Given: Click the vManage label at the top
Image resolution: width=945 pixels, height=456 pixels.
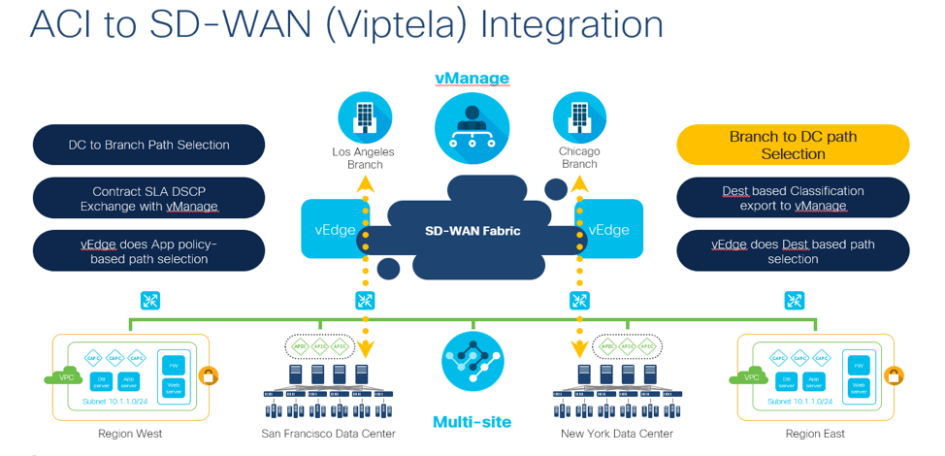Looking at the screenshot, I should (x=472, y=78).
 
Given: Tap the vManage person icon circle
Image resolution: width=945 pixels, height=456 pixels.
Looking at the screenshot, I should (x=472, y=125).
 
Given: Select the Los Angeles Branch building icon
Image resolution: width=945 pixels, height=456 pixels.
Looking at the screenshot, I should (x=365, y=117).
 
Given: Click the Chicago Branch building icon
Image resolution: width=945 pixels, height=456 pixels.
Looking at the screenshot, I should (x=579, y=117).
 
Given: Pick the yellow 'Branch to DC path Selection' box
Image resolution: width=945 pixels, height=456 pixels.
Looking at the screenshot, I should (x=793, y=146).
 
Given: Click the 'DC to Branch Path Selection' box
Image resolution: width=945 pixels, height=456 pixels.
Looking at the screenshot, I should (x=148, y=145).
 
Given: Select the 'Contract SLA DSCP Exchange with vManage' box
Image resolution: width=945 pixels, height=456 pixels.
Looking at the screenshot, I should (x=148, y=199).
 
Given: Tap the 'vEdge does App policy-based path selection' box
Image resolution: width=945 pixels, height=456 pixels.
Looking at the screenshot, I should (x=148, y=251).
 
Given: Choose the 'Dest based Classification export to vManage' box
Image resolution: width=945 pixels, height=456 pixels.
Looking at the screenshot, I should (x=793, y=199).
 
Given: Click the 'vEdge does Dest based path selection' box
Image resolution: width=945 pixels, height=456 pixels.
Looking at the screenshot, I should (x=793, y=251).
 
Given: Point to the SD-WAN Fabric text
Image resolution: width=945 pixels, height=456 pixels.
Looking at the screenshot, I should (x=472, y=231).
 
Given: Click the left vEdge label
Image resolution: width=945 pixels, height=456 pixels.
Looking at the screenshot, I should (x=334, y=230).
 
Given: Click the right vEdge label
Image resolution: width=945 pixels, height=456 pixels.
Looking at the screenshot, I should (x=609, y=230).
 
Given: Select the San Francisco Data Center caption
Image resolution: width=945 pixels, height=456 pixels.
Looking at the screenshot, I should (x=328, y=434).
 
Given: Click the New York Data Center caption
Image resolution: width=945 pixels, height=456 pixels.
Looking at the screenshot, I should (x=617, y=434).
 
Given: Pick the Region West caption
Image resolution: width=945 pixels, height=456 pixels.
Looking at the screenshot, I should (x=130, y=434).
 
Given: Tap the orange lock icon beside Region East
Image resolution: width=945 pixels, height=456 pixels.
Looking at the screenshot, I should (x=894, y=375).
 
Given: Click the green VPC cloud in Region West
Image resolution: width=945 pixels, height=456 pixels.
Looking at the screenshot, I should (x=63, y=376).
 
